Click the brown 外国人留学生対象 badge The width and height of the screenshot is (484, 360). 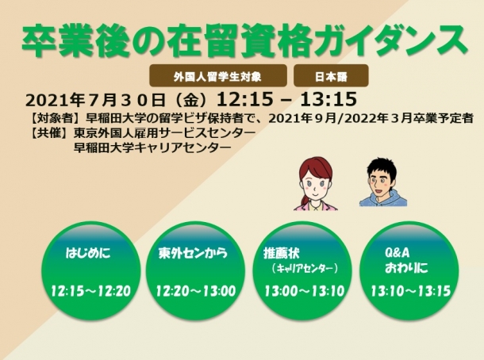pos(218,75)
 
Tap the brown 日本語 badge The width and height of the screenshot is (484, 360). pos(331,75)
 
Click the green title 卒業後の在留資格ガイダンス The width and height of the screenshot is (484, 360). pos(244,41)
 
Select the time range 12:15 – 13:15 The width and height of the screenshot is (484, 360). pos(286,99)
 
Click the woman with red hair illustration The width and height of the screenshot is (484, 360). pos(315,184)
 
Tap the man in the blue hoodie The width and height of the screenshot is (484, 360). pos(383,182)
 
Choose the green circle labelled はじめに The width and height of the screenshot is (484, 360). pos(90,270)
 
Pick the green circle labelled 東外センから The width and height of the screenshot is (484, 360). pos(195,270)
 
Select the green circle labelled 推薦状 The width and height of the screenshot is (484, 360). pos(302,270)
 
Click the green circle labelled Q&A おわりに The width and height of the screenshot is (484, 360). pos(409,270)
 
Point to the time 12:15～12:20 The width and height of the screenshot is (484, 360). pos(90,291)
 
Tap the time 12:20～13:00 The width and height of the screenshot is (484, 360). pos(196,291)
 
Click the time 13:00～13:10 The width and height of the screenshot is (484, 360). pos(305,291)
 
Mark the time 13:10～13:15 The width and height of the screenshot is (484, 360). pos(410,291)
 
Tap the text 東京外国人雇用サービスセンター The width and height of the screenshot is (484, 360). pos(165,133)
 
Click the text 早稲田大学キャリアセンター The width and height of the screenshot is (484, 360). pos(152,147)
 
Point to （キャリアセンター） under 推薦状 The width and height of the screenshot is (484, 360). pos(305,269)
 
